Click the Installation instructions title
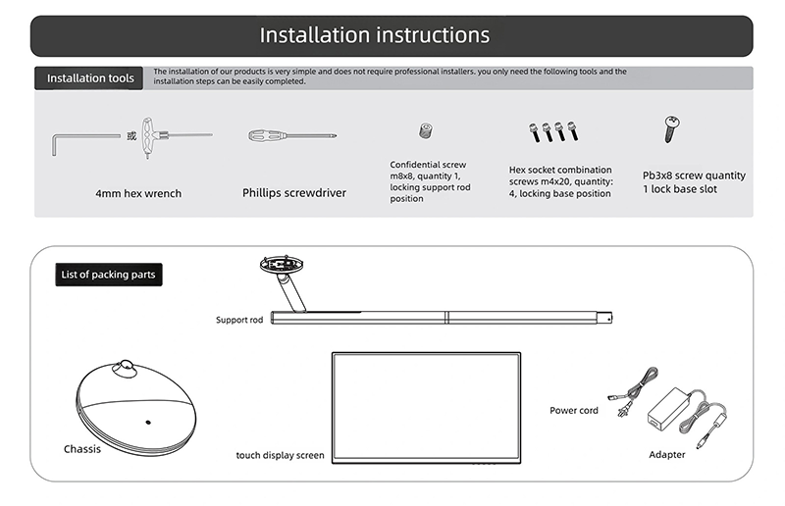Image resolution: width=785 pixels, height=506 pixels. click(375, 35)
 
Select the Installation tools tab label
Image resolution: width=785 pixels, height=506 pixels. click(90, 77)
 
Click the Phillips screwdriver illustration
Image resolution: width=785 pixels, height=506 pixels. click(291, 135)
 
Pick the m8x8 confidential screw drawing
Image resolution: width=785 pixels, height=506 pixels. click(425, 131)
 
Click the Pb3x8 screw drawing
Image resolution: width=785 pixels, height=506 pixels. click(672, 127)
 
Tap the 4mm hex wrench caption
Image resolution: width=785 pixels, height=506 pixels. click(138, 193)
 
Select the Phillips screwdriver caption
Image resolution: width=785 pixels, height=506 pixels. click(294, 193)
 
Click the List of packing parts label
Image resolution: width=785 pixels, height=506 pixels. click(108, 275)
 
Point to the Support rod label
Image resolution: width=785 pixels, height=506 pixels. click(239, 320)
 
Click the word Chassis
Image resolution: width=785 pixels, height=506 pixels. click(82, 449)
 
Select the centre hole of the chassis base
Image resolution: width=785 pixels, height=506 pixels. click(148, 423)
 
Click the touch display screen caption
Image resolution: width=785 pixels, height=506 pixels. click(280, 455)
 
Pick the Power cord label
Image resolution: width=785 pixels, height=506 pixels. click(574, 410)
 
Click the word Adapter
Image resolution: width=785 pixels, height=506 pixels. click(667, 454)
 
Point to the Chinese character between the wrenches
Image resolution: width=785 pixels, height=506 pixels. click(131, 135)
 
